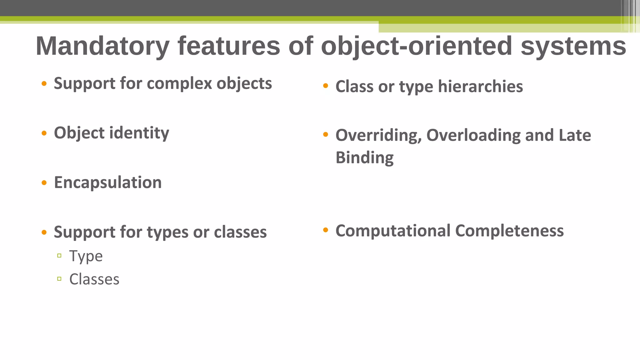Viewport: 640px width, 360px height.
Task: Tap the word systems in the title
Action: pos(573,46)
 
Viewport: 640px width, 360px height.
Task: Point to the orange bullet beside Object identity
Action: pos(44,133)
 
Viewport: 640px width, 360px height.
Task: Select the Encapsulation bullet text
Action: pos(108,182)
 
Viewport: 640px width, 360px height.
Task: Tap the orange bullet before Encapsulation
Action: pos(44,183)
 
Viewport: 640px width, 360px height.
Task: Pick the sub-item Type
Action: pos(86,256)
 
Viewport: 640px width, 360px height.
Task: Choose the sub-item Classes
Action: pos(94,279)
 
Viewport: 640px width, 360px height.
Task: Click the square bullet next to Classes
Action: pos(59,279)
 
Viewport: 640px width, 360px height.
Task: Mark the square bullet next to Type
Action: pos(59,256)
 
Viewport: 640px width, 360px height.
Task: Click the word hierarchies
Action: pos(480,87)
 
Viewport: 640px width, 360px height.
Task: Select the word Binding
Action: pos(364,157)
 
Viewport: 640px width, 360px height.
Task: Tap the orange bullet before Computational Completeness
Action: pos(326,230)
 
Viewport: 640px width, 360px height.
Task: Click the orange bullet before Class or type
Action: pos(326,86)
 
